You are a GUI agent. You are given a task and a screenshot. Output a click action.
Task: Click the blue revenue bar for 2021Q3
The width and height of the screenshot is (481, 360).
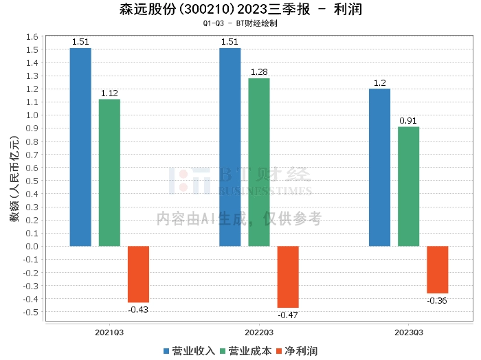click(x=80, y=147)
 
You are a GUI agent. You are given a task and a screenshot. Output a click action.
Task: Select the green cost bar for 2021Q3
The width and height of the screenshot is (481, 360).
click(x=109, y=172)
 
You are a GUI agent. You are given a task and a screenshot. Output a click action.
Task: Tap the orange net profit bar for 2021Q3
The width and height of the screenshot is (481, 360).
click(x=138, y=274)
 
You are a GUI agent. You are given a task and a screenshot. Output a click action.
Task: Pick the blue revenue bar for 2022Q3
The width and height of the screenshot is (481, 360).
click(x=230, y=147)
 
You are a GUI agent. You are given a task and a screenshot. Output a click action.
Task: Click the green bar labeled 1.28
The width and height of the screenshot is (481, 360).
click(x=259, y=162)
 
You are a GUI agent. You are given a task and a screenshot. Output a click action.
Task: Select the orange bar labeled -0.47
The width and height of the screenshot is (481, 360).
click(x=288, y=277)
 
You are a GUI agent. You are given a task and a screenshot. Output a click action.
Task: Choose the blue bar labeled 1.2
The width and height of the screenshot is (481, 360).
click(x=379, y=167)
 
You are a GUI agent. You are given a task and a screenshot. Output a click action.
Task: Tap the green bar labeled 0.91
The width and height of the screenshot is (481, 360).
click(x=408, y=186)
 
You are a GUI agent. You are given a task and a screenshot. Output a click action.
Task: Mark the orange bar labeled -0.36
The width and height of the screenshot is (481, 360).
click(x=437, y=269)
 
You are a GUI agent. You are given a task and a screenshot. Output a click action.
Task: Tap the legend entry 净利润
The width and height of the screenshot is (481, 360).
click(x=300, y=350)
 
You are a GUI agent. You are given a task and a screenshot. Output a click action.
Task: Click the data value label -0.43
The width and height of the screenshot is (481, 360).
click(x=138, y=310)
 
